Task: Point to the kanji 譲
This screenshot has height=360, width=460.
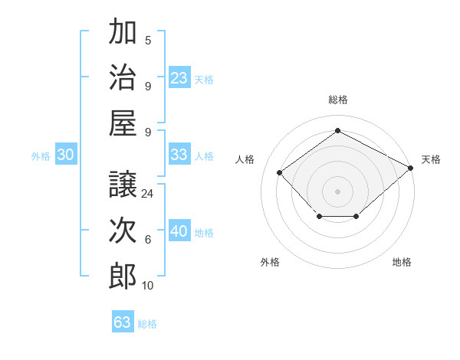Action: pos(123,184)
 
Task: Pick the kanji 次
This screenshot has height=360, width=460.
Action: pos(123,231)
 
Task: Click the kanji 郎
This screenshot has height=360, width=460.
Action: pos(123,276)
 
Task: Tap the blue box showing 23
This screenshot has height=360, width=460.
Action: pos(179,77)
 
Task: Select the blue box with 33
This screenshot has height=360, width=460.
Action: pos(179,154)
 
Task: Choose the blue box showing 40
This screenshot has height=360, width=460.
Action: pos(179,231)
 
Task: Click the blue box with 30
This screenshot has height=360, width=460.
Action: pos(65,155)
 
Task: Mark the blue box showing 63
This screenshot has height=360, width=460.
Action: pos(123,322)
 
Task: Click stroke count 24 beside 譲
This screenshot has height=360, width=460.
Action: pos(148,194)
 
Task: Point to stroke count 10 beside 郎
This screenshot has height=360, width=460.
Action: pos(148,286)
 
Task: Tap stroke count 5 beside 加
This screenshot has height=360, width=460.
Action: pos(148,41)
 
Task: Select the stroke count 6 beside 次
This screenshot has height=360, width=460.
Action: pos(148,240)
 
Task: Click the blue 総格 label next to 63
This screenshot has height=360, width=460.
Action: pos(147,324)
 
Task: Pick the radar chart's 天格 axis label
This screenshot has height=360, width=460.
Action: pos(431,159)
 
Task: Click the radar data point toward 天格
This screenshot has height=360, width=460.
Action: pos(411,168)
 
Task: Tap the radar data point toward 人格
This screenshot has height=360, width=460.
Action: pos(280,172)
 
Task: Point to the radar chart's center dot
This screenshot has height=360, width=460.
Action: pos(337,191)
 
